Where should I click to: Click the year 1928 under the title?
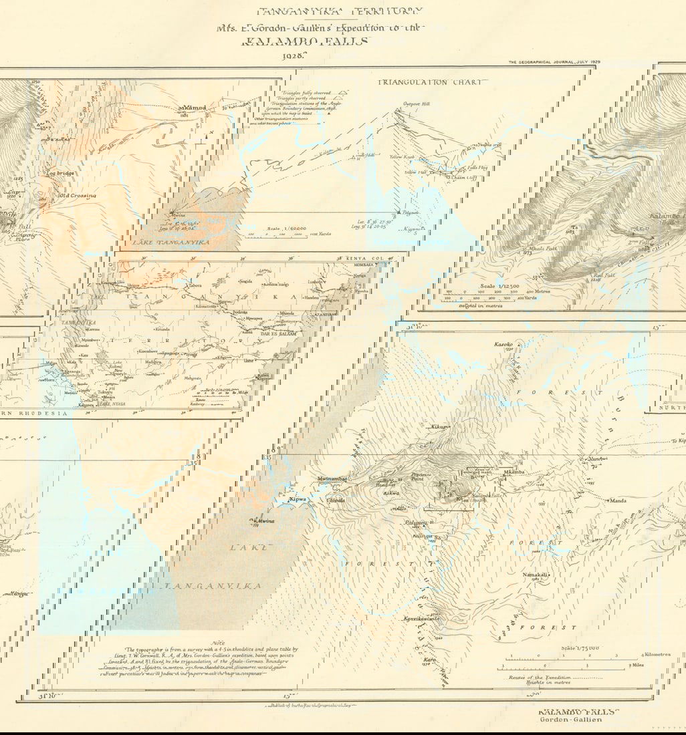point(294,55)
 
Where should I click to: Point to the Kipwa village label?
point(297,499)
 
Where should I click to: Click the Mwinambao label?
point(333,479)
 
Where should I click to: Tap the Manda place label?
point(617,500)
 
